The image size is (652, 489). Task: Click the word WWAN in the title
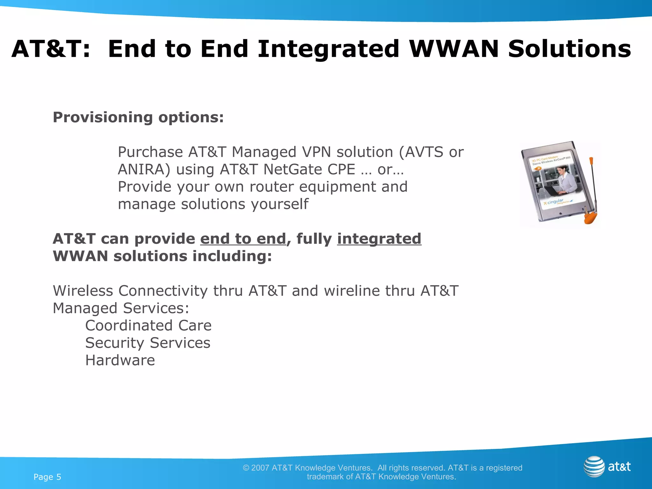pos(454,49)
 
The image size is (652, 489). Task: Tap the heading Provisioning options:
pos(138,117)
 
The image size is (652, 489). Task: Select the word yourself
pos(280,204)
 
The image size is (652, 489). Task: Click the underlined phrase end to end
pos(243,239)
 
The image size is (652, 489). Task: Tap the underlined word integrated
pos(379,239)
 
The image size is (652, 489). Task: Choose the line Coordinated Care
pos(148,325)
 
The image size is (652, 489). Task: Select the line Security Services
pos(148,343)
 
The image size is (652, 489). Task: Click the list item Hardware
pos(120,360)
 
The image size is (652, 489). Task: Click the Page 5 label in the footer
pos(47,477)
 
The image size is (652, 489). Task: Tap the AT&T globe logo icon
pos(594,466)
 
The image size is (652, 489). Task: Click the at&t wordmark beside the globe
pos(619,467)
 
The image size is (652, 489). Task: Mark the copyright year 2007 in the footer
pos(260,468)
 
